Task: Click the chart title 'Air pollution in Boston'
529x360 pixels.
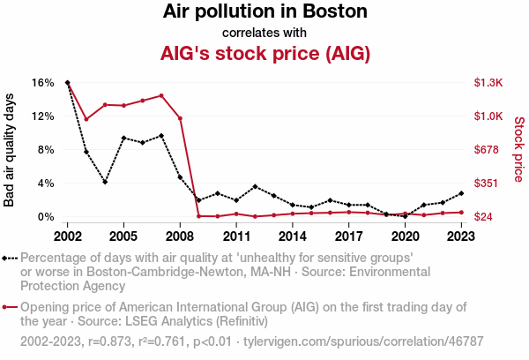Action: pyautogui.click(x=264, y=12)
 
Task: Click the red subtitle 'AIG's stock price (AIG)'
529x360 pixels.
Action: pyautogui.click(x=264, y=53)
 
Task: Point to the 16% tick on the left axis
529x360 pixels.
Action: pyautogui.click(x=43, y=83)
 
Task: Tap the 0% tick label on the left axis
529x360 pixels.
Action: pyautogui.click(x=46, y=217)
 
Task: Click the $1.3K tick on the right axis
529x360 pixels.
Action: pyautogui.click(x=488, y=83)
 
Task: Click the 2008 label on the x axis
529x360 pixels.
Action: pyautogui.click(x=180, y=236)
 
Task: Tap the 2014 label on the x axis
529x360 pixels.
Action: pyautogui.click(x=292, y=236)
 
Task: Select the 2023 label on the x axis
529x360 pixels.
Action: pyautogui.click(x=461, y=236)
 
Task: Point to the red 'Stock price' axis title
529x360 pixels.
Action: pyautogui.click(x=518, y=149)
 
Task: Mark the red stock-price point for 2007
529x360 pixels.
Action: pyautogui.click(x=161, y=95)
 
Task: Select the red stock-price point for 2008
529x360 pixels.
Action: pyautogui.click(x=180, y=118)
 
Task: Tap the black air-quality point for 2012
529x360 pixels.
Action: pyautogui.click(x=255, y=186)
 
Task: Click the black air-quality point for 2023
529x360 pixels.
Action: pyautogui.click(x=461, y=193)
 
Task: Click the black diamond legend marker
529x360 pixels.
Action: pyautogui.click(x=11, y=259)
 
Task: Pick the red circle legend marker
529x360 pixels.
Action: pyautogui.click(x=11, y=308)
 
